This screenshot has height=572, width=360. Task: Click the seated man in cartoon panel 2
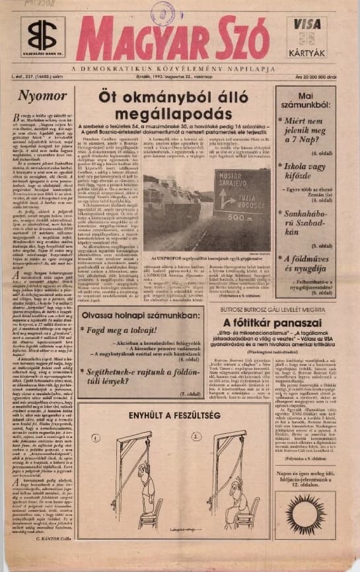[236, 499]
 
